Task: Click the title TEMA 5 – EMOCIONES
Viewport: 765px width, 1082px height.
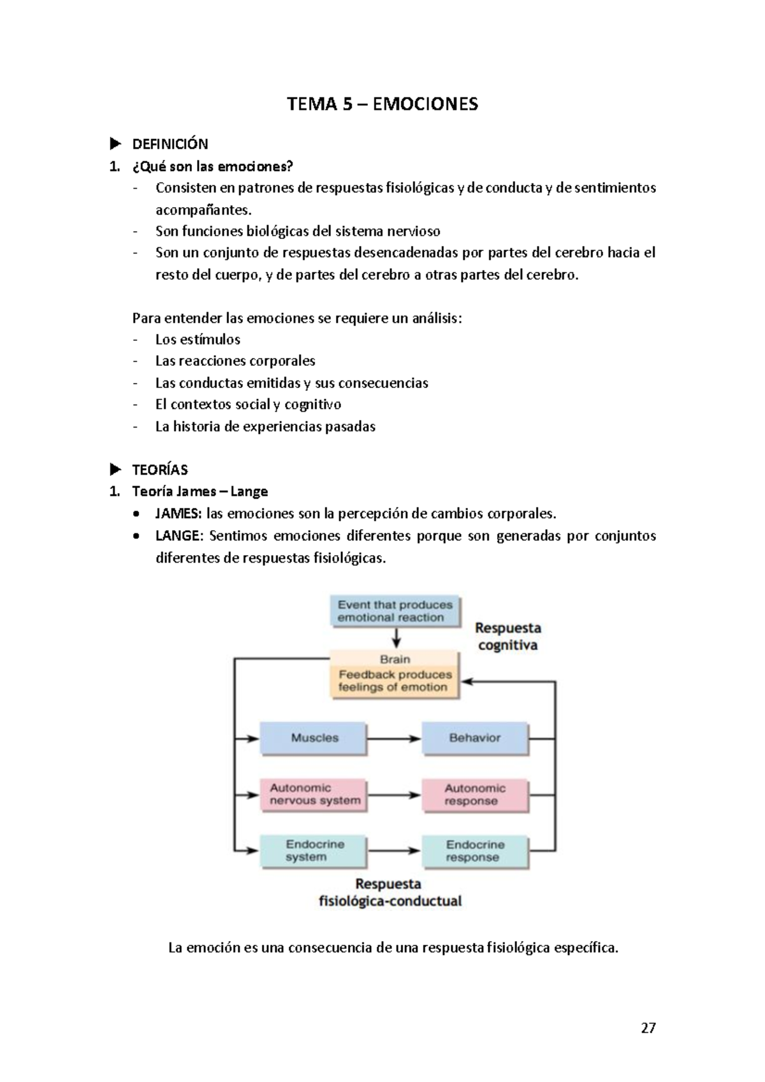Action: pyautogui.click(x=382, y=104)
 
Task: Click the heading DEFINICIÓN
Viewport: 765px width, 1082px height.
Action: pyautogui.click(x=170, y=144)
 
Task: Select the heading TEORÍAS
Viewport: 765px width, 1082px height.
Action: pyautogui.click(x=159, y=470)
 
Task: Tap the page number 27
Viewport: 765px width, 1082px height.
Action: pyautogui.click(x=648, y=1028)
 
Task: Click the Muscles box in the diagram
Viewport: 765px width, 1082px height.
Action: pyautogui.click(x=314, y=738)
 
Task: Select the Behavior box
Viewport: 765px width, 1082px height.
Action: pyautogui.click(x=475, y=738)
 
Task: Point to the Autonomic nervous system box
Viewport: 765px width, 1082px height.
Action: pyautogui.click(x=314, y=795)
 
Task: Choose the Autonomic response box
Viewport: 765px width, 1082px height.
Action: pyautogui.click(x=475, y=795)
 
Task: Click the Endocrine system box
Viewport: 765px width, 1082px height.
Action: pyautogui.click(x=314, y=851)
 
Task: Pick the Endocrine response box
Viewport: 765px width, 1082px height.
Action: pyautogui.click(x=475, y=851)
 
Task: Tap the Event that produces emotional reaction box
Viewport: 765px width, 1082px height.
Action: pyautogui.click(x=395, y=611)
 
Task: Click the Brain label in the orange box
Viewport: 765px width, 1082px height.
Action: pyautogui.click(x=395, y=660)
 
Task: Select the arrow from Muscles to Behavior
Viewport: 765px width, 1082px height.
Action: pyautogui.click(x=394, y=739)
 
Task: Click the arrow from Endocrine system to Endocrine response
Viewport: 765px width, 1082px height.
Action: pyautogui.click(x=394, y=851)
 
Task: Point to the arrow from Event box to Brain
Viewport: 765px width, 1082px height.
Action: pyautogui.click(x=396, y=638)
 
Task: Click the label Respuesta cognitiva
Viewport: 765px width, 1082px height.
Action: pyautogui.click(x=507, y=637)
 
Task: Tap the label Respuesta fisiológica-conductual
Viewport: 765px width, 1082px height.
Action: pyautogui.click(x=390, y=893)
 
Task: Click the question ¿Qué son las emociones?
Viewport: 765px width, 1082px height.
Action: pyautogui.click(x=212, y=167)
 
